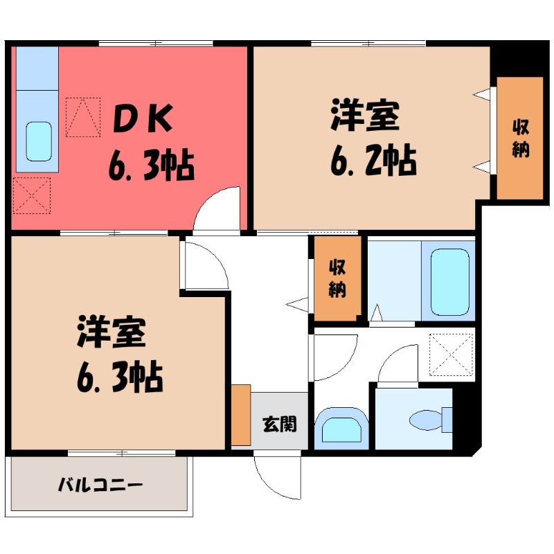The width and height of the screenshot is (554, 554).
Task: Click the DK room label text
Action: (x=142, y=122)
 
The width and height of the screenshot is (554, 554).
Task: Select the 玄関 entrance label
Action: (x=279, y=423)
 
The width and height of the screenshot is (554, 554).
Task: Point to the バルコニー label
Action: (x=100, y=483)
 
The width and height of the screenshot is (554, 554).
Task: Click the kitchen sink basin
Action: (x=39, y=141)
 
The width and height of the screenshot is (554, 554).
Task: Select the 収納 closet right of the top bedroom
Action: (x=519, y=138)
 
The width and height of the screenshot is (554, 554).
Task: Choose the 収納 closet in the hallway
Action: (x=337, y=278)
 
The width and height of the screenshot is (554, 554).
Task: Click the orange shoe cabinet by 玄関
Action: (x=241, y=415)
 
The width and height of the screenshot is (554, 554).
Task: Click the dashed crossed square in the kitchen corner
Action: (x=32, y=195)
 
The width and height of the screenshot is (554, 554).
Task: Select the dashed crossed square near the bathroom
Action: (x=451, y=355)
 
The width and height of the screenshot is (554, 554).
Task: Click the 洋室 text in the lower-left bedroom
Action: (x=111, y=333)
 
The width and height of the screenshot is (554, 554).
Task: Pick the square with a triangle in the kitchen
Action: (x=84, y=116)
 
